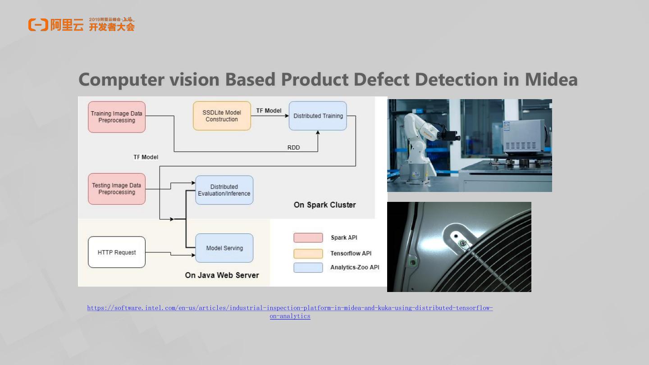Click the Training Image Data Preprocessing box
117,117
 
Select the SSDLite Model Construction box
222,116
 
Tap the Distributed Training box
318,116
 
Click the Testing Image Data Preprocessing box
117,189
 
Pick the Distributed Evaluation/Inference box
224,190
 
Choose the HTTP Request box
117,252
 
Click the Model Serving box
224,248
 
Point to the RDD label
293,147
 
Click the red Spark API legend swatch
308,237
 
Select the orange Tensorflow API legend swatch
308,253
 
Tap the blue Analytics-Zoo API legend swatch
308,268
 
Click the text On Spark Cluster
324,205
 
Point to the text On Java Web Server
222,275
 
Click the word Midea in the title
551,80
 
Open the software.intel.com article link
290,308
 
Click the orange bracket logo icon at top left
38,25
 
